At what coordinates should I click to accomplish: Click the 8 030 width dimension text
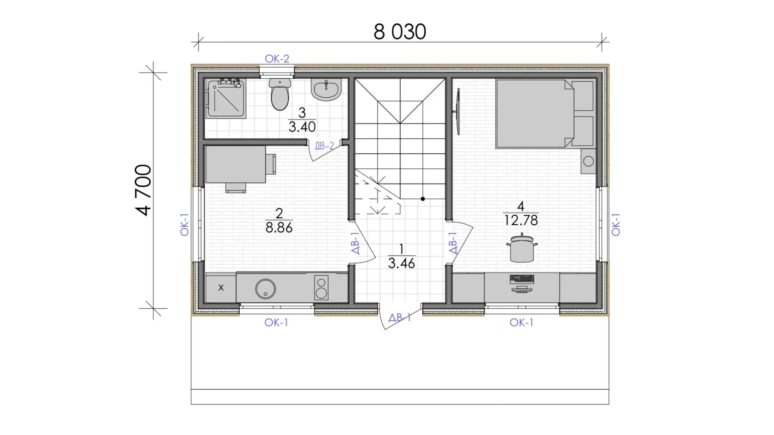(x=400, y=32)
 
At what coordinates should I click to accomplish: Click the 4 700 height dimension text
(x=143, y=190)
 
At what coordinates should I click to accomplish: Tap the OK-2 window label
(x=277, y=59)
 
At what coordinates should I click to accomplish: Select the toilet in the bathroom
(x=280, y=94)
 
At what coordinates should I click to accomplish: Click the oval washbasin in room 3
(x=326, y=90)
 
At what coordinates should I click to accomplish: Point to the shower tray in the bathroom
(x=226, y=99)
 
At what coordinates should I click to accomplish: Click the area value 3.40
(x=302, y=127)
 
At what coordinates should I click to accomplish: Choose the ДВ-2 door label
(x=324, y=146)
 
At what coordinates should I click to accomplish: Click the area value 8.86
(x=279, y=227)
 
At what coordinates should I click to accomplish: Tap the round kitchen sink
(x=266, y=289)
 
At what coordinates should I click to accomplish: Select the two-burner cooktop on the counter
(x=321, y=288)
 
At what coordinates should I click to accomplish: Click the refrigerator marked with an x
(x=221, y=288)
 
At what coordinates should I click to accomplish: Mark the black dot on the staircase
(x=423, y=199)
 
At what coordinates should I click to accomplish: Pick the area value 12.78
(x=521, y=220)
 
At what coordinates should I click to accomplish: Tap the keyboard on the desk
(x=522, y=279)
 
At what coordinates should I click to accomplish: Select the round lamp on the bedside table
(x=589, y=161)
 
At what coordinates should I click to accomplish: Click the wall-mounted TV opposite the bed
(x=458, y=111)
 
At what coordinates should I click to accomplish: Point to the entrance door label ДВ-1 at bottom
(x=400, y=317)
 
